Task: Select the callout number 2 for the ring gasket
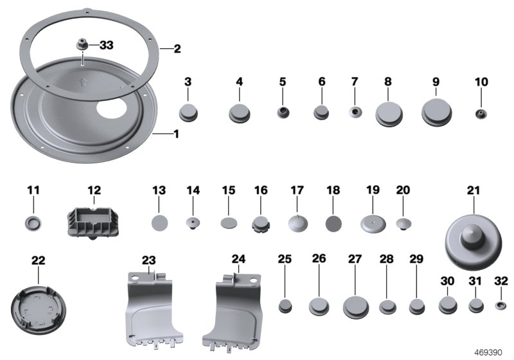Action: point(168,48)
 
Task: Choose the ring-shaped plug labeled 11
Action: point(33,223)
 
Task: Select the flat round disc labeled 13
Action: point(159,223)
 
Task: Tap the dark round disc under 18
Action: point(333,223)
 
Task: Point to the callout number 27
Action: point(355,258)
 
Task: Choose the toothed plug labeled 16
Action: point(261,224)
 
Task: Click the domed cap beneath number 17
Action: point(297,223)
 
